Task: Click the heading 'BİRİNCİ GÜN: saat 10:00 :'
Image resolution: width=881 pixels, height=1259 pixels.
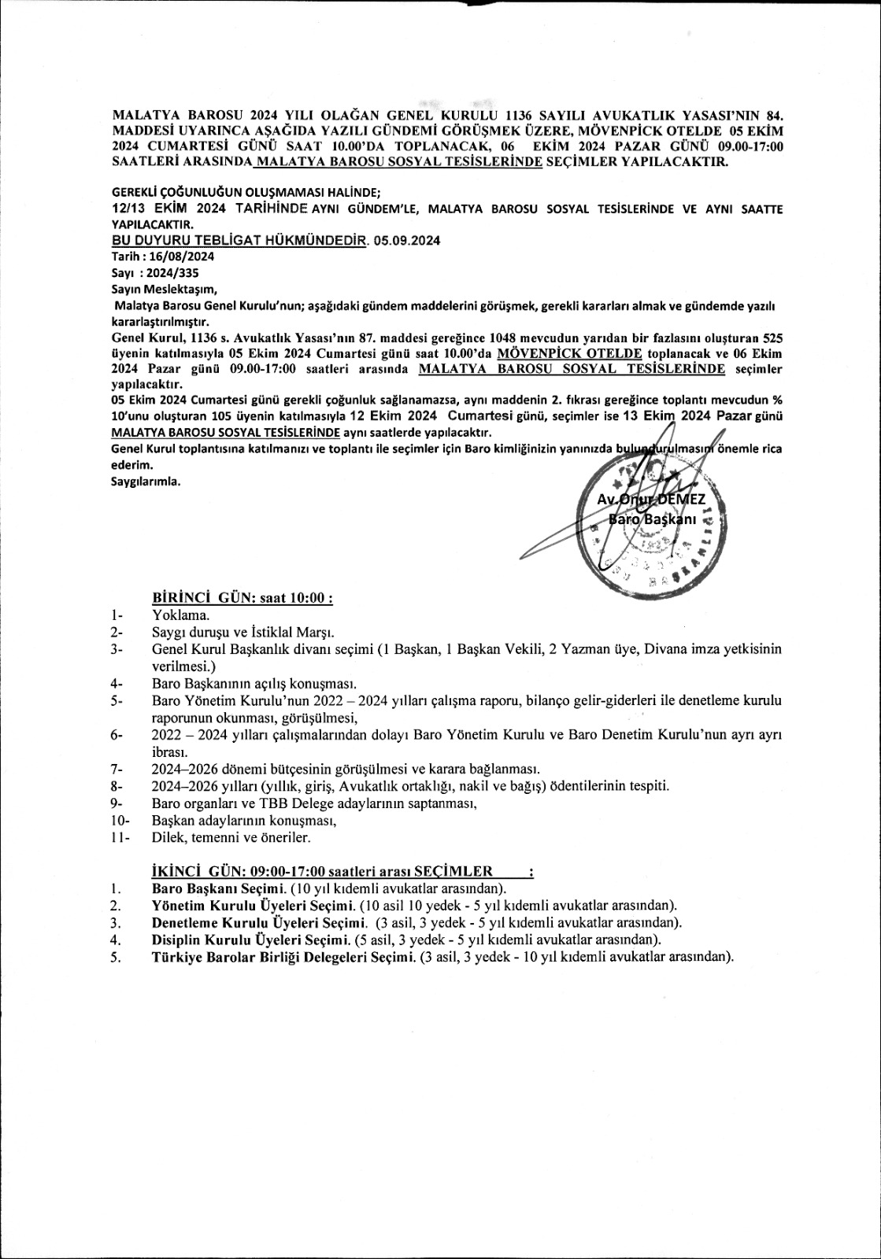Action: click(x=242, y=598)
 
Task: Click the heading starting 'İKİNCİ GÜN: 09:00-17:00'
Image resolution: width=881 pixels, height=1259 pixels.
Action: click(x=322, y=870)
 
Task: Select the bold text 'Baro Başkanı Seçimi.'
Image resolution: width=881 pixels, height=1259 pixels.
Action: click(x=219, y=888)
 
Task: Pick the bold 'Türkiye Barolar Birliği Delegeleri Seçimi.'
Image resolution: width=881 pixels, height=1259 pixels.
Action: click(x=283, y=957)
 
